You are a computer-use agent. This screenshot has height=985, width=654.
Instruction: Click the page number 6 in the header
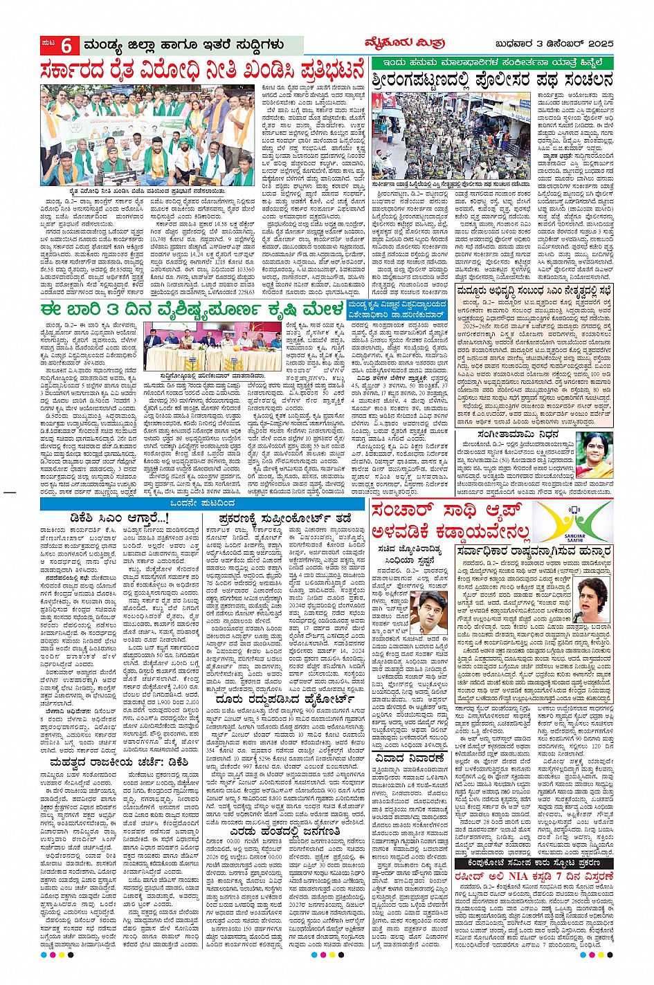(66, 46)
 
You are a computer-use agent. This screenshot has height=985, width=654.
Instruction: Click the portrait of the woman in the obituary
(594, 454)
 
